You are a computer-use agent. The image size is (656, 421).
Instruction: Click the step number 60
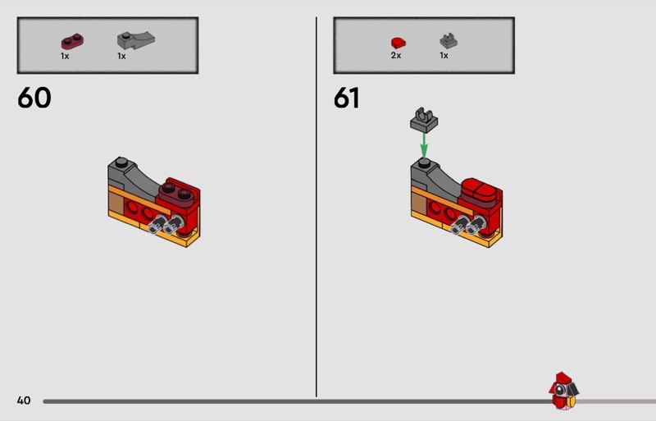[34, 98]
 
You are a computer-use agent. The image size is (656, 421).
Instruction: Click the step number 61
[346, 98]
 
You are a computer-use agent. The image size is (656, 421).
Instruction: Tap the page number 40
[24, 400]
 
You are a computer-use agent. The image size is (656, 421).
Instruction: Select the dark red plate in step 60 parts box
[72, 42]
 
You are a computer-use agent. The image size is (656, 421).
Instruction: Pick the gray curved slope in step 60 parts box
[136, 39]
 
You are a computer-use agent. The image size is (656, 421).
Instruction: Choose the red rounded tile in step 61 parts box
[399, 43]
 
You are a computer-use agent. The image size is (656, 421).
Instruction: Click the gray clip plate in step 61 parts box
[448, 41]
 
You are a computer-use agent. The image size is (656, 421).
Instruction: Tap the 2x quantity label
[396, 55]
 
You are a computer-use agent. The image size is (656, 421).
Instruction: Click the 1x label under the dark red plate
[65, 56]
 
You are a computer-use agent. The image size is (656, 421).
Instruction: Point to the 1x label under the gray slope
[121, 56]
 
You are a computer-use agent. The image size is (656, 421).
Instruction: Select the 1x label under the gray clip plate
[444, 55]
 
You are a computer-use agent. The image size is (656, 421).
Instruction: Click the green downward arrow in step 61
[424, 145]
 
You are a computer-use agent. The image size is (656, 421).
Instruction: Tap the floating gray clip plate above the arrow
[424, 120]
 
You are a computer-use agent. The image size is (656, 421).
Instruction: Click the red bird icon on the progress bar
[563, 391]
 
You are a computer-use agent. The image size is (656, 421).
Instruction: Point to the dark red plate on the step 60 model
[175, 194]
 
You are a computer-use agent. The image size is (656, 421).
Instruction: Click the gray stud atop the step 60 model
[121, 162]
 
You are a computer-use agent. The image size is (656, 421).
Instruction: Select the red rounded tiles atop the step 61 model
[481, 190]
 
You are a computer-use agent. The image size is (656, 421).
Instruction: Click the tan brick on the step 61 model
[419, 204]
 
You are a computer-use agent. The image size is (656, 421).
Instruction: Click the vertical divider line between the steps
[317, 207]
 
